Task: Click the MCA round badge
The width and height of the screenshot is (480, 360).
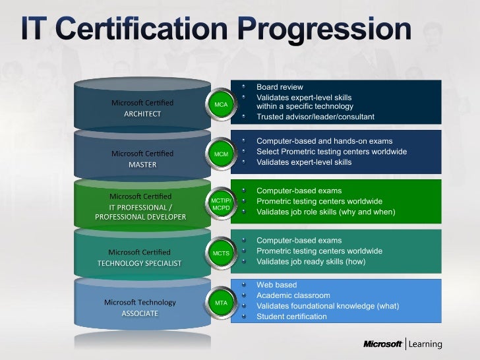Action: (221, 105)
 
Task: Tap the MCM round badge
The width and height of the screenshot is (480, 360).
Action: (221, 154)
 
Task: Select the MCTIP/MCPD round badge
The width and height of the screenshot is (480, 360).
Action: (221, 204)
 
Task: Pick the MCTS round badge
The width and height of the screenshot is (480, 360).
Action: (221, 253)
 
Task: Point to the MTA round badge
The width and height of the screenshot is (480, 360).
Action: (221, 303)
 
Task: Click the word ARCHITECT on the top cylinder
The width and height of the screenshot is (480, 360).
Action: (142, 113)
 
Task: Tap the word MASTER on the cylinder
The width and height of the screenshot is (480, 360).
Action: (142, 164)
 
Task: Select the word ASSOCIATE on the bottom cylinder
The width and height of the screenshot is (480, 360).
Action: (140, 313)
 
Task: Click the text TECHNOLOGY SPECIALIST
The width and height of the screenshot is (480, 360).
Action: (139, 262)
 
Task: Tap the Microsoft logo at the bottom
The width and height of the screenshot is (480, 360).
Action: (383, 344)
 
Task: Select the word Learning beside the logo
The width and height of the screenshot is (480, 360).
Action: (427, 344)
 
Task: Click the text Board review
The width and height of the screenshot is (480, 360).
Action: (280, 87)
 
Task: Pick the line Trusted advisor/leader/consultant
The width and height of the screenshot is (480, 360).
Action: (315, 117)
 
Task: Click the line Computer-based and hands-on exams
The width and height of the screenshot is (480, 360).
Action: (324, 141)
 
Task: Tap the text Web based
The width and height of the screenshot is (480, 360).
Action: (276, 285)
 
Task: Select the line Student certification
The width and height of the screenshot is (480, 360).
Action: (291, 316)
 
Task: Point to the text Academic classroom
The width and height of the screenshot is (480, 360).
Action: (293, 295)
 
